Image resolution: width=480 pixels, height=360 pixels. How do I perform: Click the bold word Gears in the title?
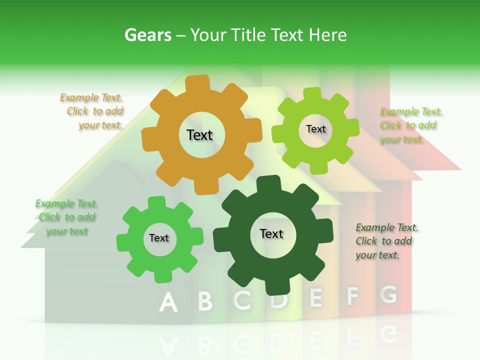tap(147, 35)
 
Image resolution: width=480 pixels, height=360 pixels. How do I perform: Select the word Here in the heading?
tap(327, 35)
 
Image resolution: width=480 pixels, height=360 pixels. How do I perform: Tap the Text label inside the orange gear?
tap(199, 135)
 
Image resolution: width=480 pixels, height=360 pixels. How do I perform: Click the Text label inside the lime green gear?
tap(315, 129)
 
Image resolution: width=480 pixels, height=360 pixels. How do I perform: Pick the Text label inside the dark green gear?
tap(271, 233)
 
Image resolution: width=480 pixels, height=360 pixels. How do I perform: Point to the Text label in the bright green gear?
tap(159, 238)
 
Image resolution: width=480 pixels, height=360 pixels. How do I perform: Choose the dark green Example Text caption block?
tap(386, 241)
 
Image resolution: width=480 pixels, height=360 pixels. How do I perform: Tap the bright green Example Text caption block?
tap(66, 217)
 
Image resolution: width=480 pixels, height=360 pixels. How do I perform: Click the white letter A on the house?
tap(168, 302)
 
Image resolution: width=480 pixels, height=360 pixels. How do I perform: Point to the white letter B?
tap(205, 301)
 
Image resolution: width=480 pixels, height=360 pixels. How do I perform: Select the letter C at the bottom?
tap(242, 300)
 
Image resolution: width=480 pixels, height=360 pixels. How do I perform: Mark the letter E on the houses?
tap(316, 297)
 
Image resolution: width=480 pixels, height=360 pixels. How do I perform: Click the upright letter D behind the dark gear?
tap(279, 300)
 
